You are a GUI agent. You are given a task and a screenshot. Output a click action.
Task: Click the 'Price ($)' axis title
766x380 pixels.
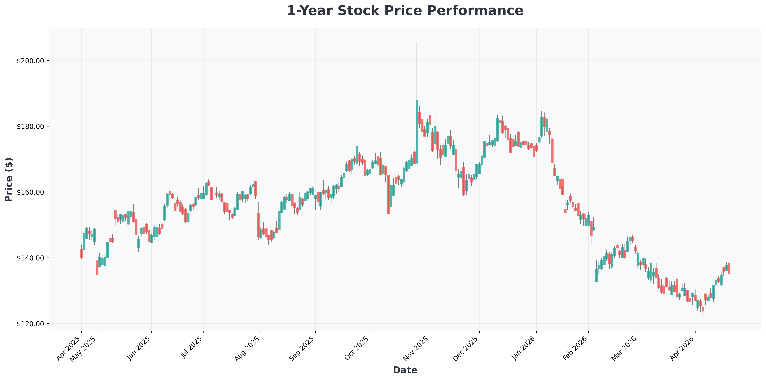coord(9,179)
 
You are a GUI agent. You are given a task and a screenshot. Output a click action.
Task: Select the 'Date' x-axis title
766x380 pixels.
coord(405,370)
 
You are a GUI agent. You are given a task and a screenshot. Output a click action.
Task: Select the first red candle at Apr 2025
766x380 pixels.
coord(81,253)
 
